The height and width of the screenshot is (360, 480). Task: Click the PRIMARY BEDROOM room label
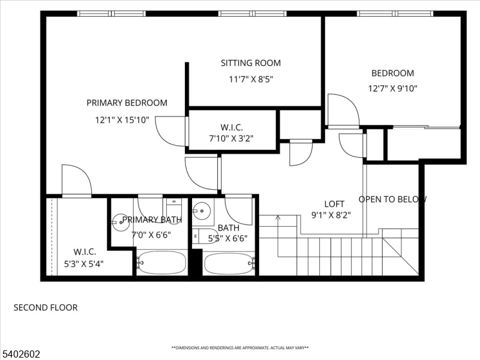(127, 103)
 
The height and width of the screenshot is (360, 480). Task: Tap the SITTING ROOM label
(250, 63)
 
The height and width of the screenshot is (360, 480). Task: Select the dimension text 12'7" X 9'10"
(392, 88)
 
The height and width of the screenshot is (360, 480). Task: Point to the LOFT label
(334, 204)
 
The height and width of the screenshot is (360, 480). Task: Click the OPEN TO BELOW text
(392, 199)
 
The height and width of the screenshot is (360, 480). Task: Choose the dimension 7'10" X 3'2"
(231, 138)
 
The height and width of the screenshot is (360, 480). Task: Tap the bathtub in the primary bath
(161, 262)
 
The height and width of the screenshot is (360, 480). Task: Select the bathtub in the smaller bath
(230, 263)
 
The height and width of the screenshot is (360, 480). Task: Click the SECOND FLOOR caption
(46, 308)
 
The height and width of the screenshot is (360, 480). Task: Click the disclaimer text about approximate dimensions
(240, 348)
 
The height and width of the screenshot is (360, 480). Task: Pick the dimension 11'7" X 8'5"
(250, 79)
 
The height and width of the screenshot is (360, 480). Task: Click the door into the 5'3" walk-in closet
(76, 181)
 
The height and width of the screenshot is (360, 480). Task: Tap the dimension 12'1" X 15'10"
(122, 119)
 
